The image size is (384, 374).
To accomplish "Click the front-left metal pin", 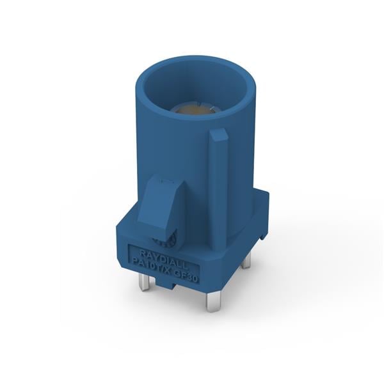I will point(145,281).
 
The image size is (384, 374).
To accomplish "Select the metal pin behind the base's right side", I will point(246,258).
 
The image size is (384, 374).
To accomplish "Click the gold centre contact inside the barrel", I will point(197,111).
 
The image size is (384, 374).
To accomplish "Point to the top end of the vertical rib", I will point(218,135).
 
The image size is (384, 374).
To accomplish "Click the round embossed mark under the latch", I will point(169,241).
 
